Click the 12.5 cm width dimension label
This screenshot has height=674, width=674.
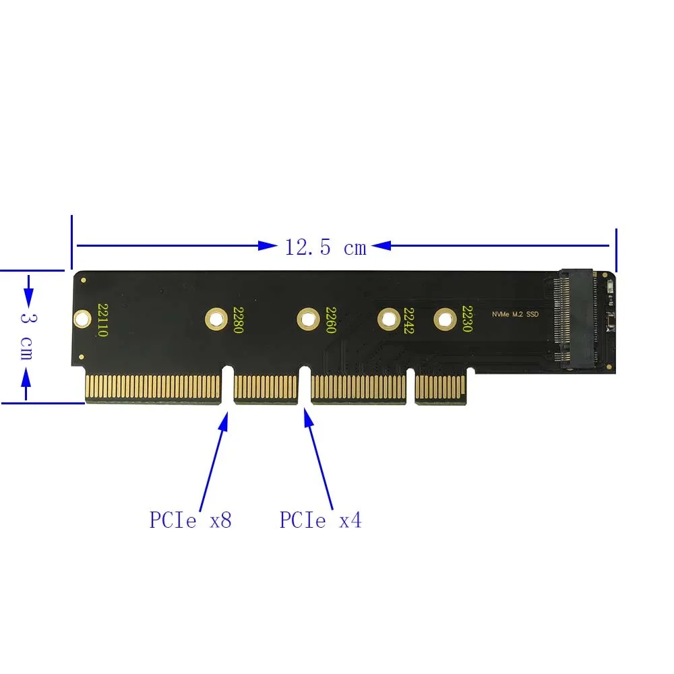(326, 247)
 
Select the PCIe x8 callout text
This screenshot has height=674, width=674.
(190, 520)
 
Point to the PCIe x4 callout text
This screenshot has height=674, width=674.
(320, 520)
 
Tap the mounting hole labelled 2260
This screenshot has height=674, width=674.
(308, 317)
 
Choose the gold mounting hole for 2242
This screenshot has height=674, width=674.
(388, 317)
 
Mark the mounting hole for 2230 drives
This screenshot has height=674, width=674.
(445, 317)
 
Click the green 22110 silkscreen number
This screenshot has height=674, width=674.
(102, 320)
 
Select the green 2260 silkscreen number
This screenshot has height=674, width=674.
(330, 320)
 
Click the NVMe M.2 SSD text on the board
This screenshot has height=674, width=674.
(516, 315)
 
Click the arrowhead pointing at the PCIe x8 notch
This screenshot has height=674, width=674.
(224, 419)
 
